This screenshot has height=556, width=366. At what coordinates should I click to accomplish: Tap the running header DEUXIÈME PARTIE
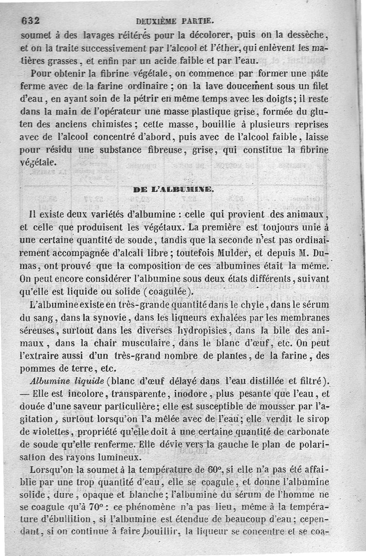(175, 20)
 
